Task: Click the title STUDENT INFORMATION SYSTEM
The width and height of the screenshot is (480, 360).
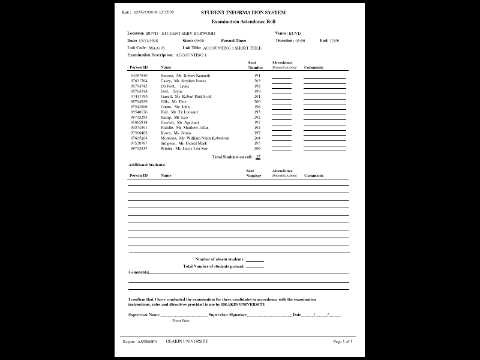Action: point(243,12)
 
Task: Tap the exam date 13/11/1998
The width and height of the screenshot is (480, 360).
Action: point(149,40)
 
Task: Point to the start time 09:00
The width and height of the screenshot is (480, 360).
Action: point(199,40)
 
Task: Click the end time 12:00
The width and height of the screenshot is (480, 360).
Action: point(334,40)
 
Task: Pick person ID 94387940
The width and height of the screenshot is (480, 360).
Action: point(139,76)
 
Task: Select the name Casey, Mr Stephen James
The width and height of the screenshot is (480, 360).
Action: point(182,81)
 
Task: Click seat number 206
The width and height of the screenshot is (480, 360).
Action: point(257,148)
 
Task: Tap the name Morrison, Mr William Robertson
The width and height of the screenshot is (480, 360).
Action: point(194,138)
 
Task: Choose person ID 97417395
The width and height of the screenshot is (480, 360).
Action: point(139,97)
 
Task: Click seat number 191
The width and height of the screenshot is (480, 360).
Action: point(257,76)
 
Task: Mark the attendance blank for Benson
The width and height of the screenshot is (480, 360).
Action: point(281,77)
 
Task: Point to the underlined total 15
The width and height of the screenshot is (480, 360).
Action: point(258,157)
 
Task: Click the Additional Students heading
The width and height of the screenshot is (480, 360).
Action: point(147,164)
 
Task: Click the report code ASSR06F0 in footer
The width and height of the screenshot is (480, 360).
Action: point(147,341)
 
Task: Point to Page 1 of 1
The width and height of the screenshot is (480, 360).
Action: point(343,341)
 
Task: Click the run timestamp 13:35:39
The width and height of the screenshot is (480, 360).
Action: point(164,12)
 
